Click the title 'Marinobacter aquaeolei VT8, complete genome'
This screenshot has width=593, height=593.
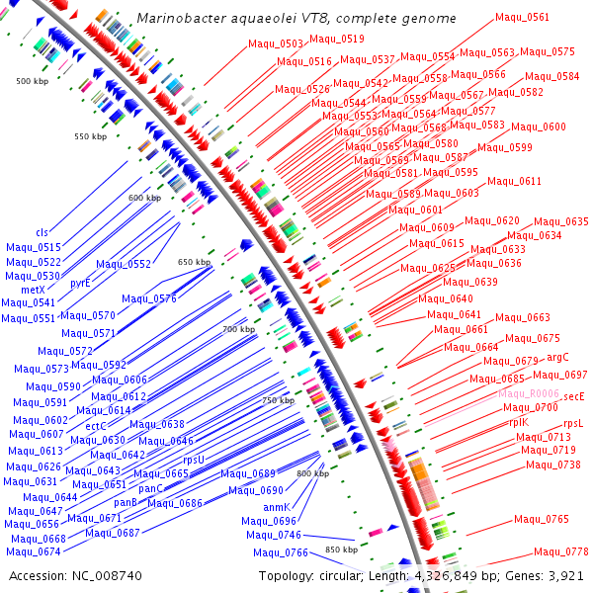point(296,19)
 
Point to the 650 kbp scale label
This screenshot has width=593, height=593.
point(194,262)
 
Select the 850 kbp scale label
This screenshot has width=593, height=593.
point(341,550)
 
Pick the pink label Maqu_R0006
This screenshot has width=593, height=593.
point(529,393)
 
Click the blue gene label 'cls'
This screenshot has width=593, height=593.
point(42,232)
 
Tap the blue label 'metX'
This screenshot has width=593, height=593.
point(33,290)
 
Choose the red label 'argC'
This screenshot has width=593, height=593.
point(557,357)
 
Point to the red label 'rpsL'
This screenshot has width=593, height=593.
point(573,423)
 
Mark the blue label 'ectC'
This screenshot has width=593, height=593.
point(96,426)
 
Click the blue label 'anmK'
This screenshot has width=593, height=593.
point(277,507)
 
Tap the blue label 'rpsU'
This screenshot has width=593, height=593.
point(194,460)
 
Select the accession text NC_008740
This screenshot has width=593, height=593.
point(75,575)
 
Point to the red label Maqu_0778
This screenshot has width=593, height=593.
point(561,551)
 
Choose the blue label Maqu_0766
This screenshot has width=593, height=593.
point(281,552)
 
